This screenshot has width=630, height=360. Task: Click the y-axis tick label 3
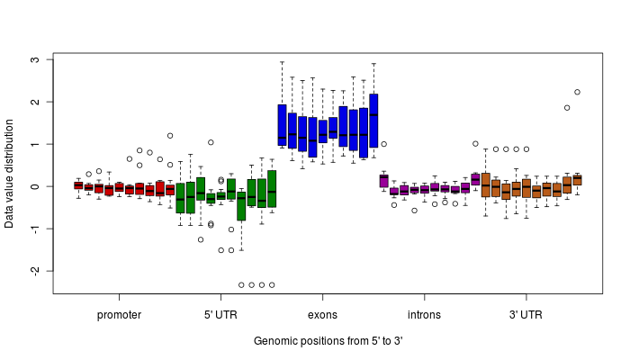pos(35,60)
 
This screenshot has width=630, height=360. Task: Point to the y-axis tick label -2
pos(35,271)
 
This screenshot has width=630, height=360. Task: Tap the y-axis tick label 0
pos(35,186)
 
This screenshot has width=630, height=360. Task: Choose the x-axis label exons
pos(322,315)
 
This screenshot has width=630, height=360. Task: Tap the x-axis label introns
pos(424,315)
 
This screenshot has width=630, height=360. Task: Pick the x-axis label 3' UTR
pos(526,315)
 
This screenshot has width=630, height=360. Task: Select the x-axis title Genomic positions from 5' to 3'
pos(328,341)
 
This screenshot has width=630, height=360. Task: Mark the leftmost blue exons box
pos(282,125)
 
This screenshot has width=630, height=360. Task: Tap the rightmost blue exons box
pos(373,120)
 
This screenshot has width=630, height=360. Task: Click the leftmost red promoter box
pos(78,185)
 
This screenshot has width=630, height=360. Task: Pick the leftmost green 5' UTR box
pos(180,198)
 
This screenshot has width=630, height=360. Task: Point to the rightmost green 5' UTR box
pos(272,188)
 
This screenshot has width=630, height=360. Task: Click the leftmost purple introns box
pos(383,181)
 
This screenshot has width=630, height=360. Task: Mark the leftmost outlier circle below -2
pos(241,284)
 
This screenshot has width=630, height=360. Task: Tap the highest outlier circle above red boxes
pos(170,136)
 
